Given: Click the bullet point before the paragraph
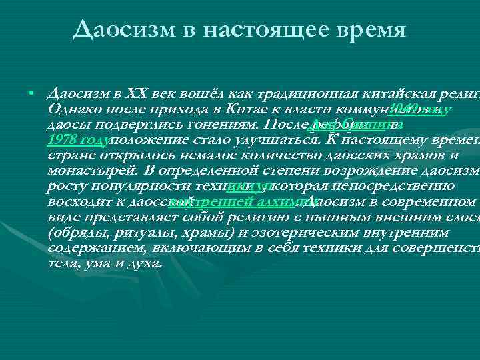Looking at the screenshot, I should pos(31,92).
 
